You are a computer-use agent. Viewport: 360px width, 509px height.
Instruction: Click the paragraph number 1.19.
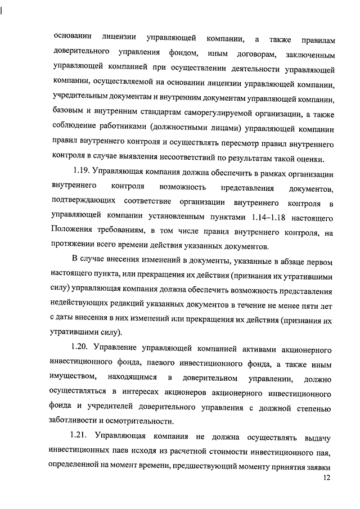pos(82,170)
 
